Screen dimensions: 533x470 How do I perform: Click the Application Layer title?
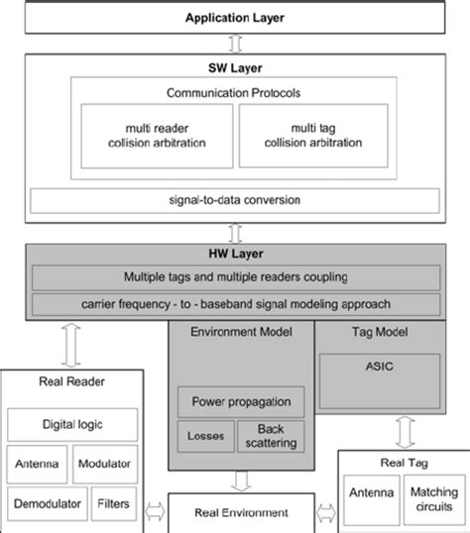coord(235,18)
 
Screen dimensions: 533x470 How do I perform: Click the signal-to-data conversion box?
coord(234,200)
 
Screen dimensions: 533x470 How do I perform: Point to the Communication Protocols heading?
coord(234,93)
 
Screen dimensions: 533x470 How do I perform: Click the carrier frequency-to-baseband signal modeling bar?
coord(234,302)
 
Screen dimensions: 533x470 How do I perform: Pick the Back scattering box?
coord(267,436)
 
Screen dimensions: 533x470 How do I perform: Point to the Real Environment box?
coord(241,512)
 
